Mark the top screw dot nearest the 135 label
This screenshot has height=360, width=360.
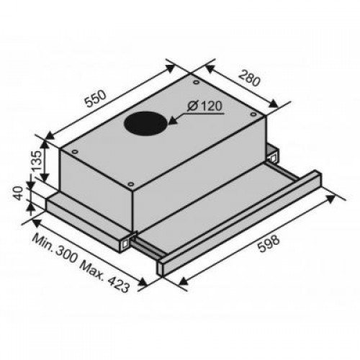coord(75,151)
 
